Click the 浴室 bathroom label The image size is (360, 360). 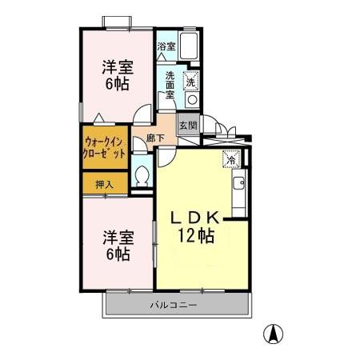coord(166,47)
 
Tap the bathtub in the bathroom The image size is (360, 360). coord(191,46)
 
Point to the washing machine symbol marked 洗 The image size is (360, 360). coord(191,81)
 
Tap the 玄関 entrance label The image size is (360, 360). coord(186,125)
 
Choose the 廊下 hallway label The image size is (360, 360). coord(155,138)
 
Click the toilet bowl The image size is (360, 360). coord(142,174)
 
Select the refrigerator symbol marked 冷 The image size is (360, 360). coord(230,158)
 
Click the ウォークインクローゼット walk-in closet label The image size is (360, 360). coord(104,147)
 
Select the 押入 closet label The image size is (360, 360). coord(104,184)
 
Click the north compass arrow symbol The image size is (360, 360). coord(274,332)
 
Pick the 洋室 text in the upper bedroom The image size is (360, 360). coord(117,66)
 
